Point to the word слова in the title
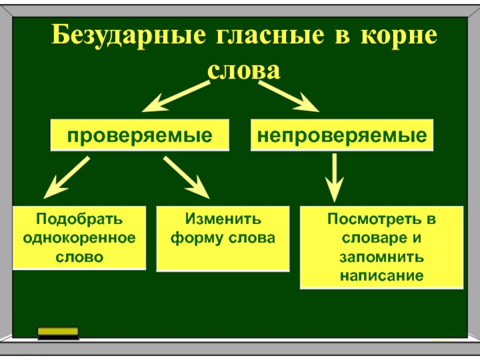tap(244, 70)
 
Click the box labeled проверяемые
tap(140, 135)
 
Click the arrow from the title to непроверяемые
tap(288, 96)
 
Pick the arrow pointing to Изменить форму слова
tap(187, 178)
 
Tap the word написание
tap(382, 276)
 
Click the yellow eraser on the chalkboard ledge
tap(58, 332)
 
